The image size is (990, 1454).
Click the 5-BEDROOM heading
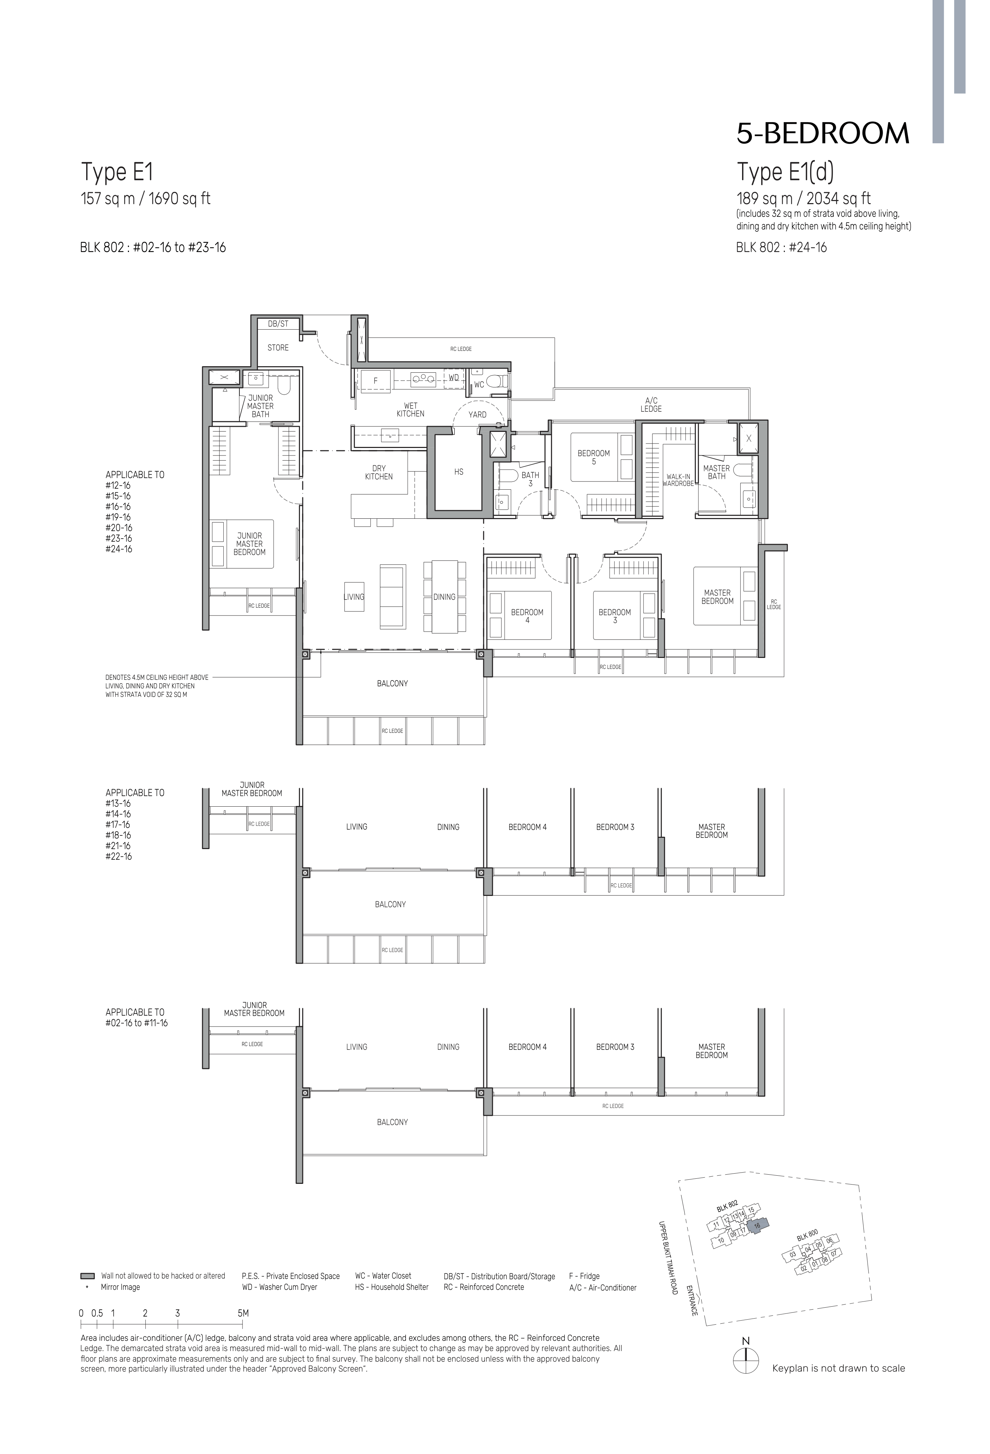[x=822, y=133]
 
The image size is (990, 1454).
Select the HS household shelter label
[x=459, y=472]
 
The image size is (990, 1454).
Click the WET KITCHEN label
[x=410, y=410]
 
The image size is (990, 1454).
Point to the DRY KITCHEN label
[x=379, y=472]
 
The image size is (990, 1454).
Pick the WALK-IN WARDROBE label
[x=678, y=480]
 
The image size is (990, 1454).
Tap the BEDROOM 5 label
[x=593, y=457]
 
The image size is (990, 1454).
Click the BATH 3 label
[x=530, y=479]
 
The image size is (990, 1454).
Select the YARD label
[x=477, y=414]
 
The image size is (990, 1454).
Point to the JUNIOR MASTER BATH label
[x=260, y=406]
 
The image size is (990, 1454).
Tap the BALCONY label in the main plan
[x=392, y=683]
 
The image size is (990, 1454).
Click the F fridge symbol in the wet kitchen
[x=375, y=380]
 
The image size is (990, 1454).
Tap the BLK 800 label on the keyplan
[x=807, y=1237]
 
